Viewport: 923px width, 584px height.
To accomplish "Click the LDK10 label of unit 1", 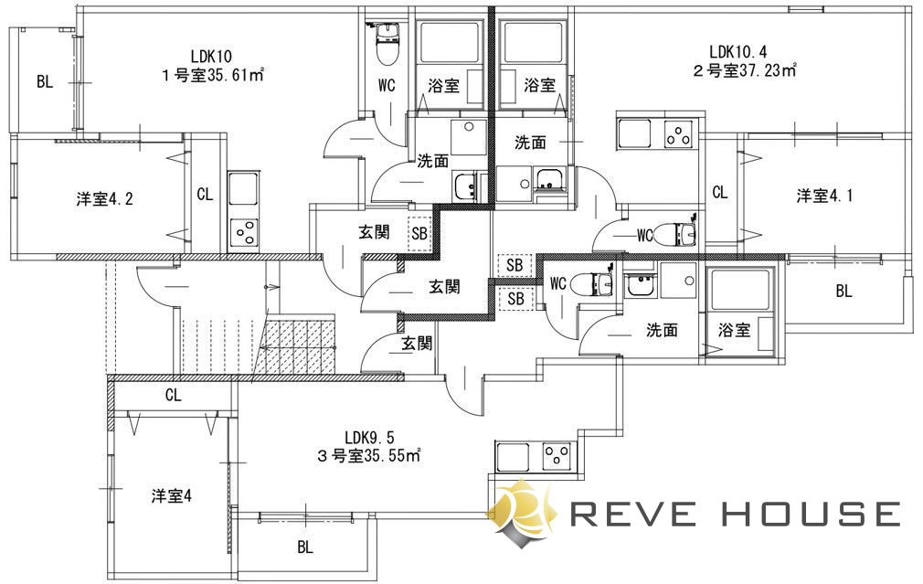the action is [x=211, y=57].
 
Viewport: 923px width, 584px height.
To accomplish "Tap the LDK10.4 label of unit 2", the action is [x=738, y=51].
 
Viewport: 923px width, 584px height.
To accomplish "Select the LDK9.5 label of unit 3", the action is [x=370, y=438].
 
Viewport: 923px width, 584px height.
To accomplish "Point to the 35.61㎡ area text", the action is [x=235, y=75].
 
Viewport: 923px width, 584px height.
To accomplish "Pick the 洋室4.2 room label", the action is [x=104, y=199].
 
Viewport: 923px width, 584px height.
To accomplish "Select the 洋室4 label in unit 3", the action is [x=171, y=496].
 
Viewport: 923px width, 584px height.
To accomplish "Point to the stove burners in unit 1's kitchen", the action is [x=244, y=232].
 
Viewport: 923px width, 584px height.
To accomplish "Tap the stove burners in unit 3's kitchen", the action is [x=557, y=455].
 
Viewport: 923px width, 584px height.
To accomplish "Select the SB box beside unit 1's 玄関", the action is [x=419, y=234].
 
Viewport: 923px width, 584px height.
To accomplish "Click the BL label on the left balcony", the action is [x=45, y=81].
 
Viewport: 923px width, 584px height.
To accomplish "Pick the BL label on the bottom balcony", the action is [x=305, y=547].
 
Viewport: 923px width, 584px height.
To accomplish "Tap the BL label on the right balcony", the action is [x=843, y=291].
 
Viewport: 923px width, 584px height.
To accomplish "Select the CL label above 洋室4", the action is [x=173, y=395].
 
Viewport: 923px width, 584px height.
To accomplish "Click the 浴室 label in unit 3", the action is [x=734, y=330].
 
